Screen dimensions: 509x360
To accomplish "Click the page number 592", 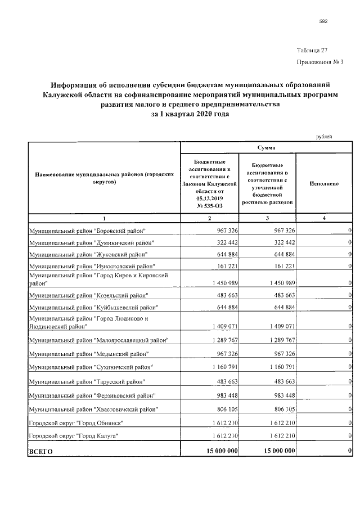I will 323,21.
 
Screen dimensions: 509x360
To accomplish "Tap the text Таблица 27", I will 312,50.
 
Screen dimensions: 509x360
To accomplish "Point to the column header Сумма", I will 267,147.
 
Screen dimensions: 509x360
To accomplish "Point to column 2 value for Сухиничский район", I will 223,368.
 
